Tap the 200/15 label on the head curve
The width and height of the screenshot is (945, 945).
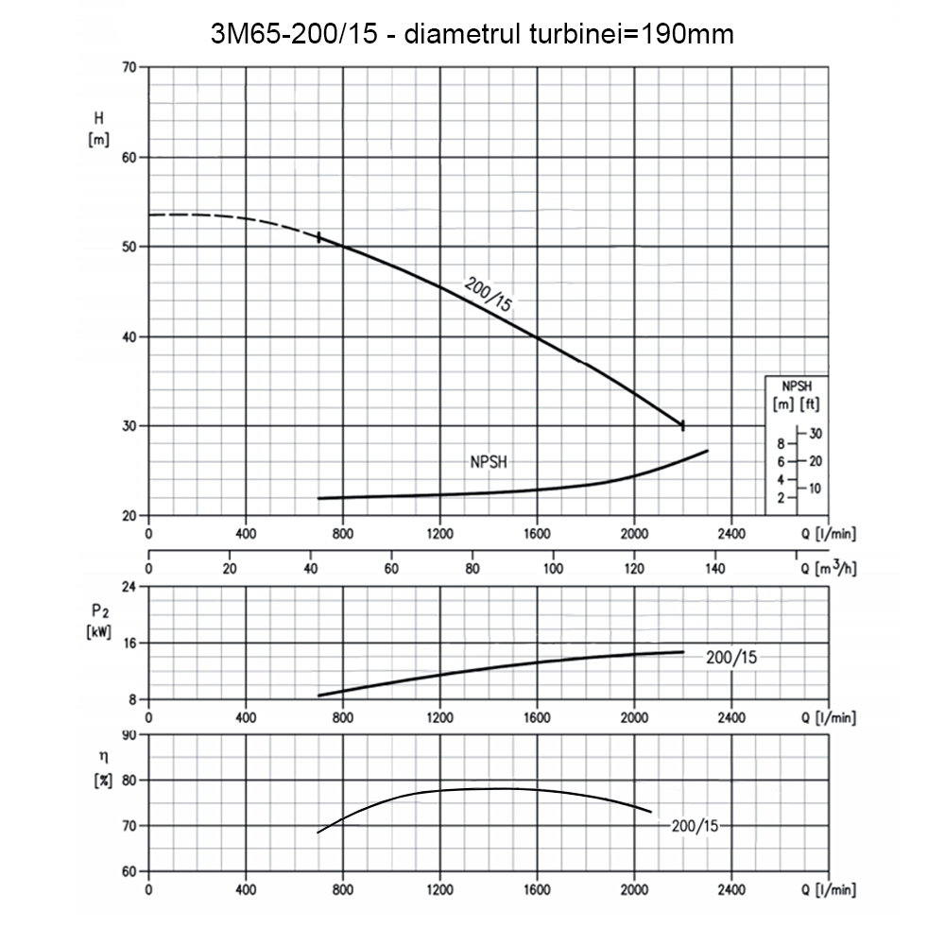tap(489, 292)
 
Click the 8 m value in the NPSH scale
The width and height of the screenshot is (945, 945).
tap(781, 443)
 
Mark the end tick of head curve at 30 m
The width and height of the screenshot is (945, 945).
tap(682, 425)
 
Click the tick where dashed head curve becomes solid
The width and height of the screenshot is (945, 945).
tap(318, 237)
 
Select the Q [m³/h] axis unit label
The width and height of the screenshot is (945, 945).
tap(829, 569)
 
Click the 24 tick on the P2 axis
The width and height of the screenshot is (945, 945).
tap(129, 587)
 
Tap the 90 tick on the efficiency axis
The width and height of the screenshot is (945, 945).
tap(129, 735)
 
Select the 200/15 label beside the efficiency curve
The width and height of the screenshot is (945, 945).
tap(696, 825)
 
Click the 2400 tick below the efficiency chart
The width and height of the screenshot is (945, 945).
tap(730, 890)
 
